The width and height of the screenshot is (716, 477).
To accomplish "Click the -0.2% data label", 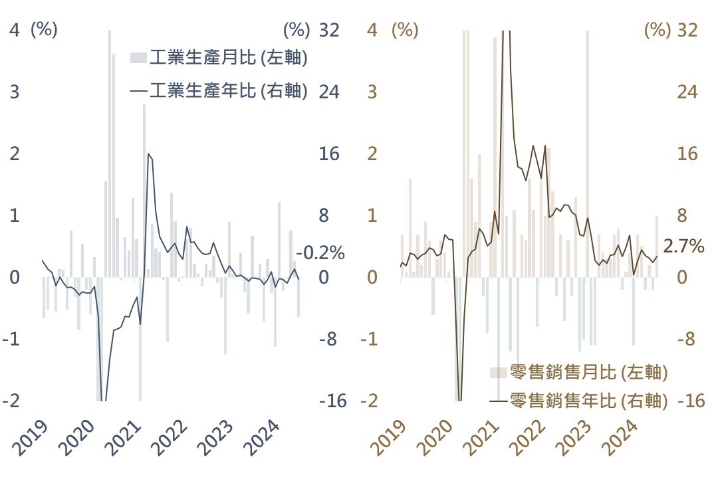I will click(x=320, y=252).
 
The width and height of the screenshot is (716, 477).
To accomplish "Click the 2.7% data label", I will click(x=683, y=246).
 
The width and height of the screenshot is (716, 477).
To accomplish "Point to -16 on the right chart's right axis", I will click(x=691, y=401).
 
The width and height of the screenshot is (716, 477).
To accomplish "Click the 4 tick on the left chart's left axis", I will click(x=15, y=30).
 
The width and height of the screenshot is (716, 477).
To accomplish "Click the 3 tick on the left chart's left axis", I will click(x=15, y=92).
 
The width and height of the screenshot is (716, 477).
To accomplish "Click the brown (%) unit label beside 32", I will click(x=657, y=30).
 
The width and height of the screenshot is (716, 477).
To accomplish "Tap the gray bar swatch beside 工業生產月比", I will click(x=138, y=58).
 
